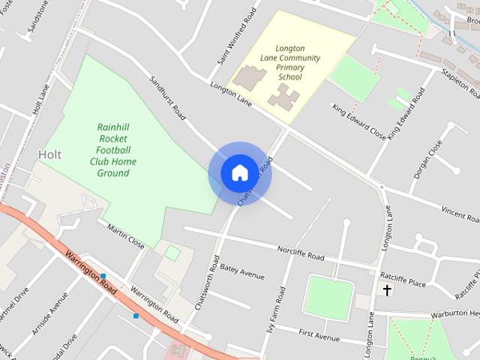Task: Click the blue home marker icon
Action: tap(239, 173)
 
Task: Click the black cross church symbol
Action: tap(387, 289)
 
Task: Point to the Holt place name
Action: tap(49, 154)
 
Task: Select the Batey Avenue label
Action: tap(242, 271)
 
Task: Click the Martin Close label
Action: tap(125, 236)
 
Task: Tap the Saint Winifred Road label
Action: tap(237, 36)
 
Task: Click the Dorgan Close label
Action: tap(425, 157)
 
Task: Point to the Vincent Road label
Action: tap(460, 215)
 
